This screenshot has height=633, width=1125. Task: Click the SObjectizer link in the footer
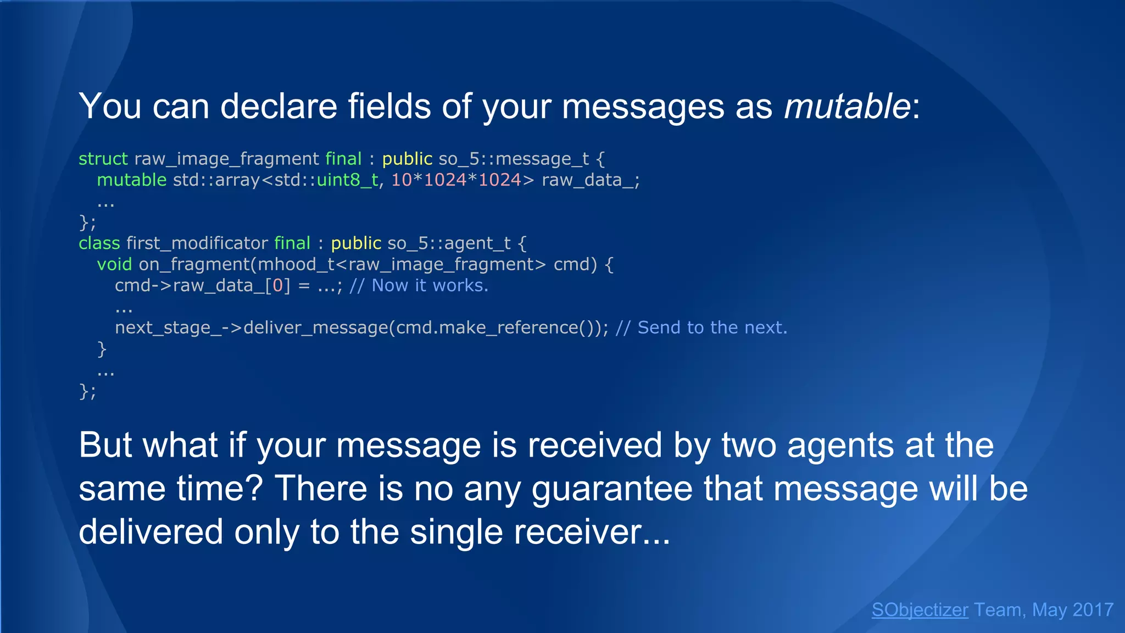920,610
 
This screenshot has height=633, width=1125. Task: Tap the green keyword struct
103,159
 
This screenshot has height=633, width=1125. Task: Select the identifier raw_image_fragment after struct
226,159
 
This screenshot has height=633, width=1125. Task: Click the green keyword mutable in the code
131,180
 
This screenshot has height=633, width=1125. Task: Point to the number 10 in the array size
401,180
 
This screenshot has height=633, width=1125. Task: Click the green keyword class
99,243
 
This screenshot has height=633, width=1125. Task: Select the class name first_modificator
197,243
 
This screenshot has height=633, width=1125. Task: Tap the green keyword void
114,264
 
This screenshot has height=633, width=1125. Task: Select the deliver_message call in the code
315,328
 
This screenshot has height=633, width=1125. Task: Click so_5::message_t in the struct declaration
514,159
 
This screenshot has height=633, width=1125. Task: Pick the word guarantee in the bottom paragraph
612,488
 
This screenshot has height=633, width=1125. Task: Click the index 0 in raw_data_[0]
278,286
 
